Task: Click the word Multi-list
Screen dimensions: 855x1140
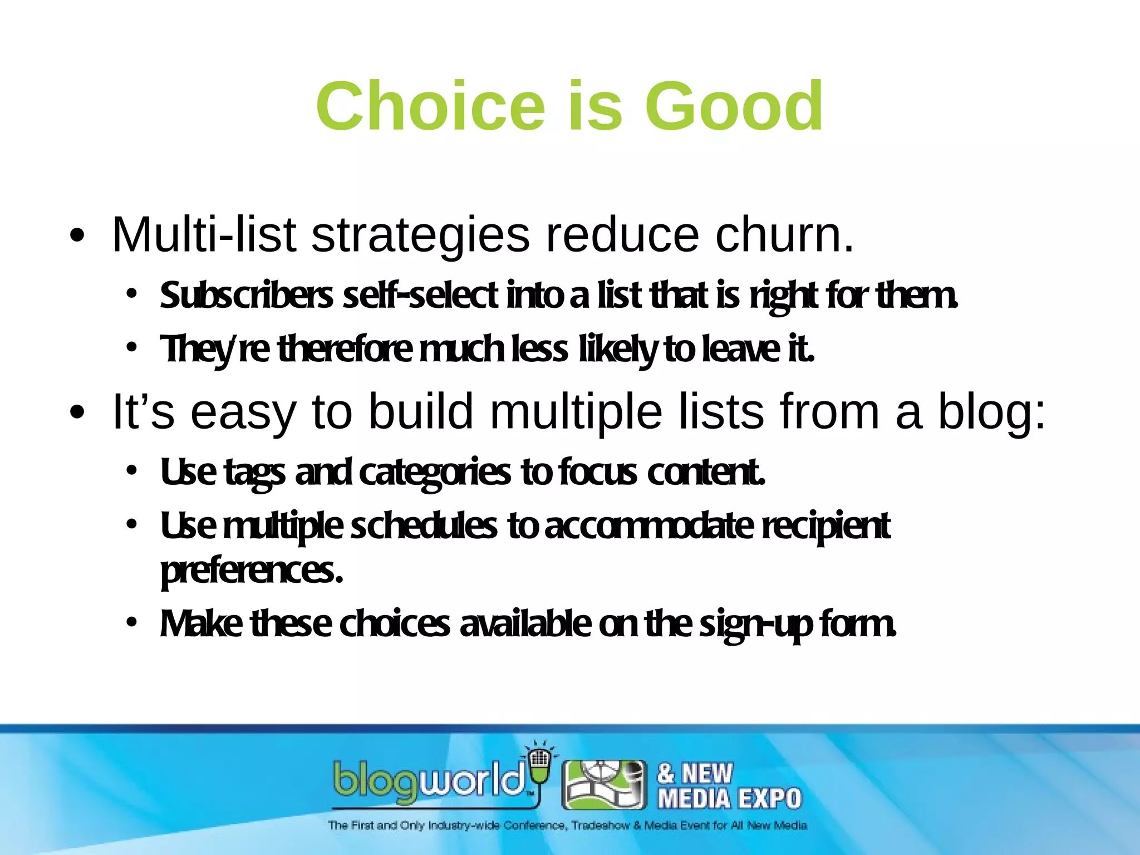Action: click(x=204, y=235)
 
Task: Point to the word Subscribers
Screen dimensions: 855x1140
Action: click(x=246, y=296)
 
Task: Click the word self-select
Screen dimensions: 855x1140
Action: click(x=420, y=296)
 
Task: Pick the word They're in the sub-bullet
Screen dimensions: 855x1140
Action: click(x=214, y=350)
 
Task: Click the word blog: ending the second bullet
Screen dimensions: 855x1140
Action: click(x=991, y=412)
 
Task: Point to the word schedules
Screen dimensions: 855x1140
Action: click(x=424, y=527)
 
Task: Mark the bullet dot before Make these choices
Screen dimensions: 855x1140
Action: click(x=131, y=622)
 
